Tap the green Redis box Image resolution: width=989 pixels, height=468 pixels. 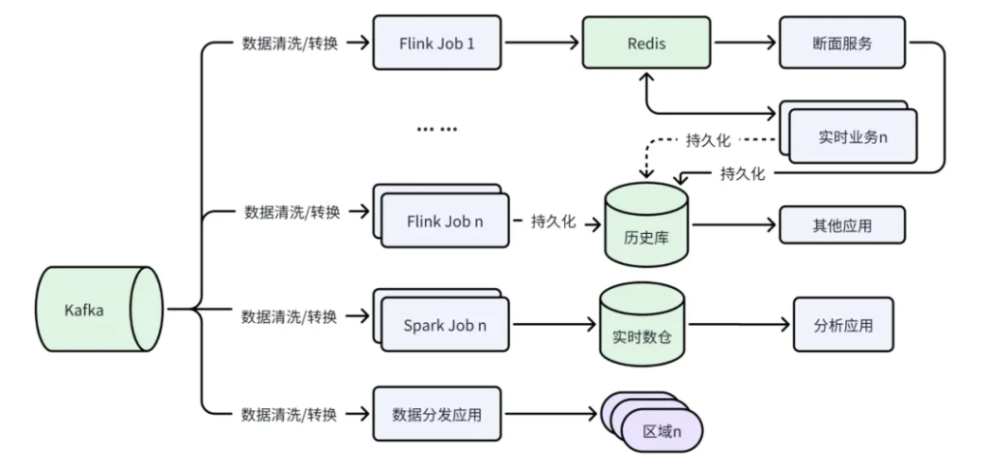tap(646, 44)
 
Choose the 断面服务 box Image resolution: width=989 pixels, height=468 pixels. tap(843, 44)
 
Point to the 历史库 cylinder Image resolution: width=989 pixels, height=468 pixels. tap(646, 226)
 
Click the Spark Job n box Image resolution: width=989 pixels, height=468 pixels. tap(445, 325)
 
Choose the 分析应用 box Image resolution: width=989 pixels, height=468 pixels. tap(843, 325)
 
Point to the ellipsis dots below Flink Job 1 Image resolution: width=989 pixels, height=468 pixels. tap(437, 129)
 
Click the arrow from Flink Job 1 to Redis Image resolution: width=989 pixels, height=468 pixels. tap(541, 44)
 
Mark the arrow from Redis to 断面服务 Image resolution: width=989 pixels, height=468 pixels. tap(745, 44)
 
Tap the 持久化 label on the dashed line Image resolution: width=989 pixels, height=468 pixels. tap(708, 140)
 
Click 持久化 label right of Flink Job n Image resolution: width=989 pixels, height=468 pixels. tap(553, 221)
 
